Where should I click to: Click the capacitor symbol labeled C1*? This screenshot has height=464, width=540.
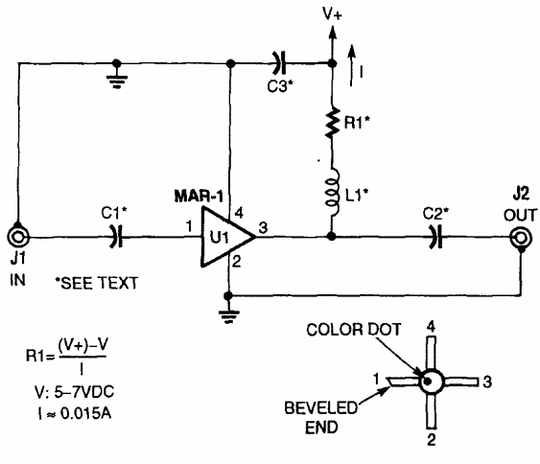pyautogui.click(x=116, y=237)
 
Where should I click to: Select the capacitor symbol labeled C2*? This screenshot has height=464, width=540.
pyautogui.click(x=436, y=237)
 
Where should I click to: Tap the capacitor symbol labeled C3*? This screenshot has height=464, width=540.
pyautogui.click(x=279, y=63)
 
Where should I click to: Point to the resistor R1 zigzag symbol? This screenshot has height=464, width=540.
pyautogui.click(x=332, y=123)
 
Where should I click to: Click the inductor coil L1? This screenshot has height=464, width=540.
pyautogui.click(x=333, y=193)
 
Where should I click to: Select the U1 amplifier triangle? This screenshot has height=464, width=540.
pyautogui.click(x=228, y=237)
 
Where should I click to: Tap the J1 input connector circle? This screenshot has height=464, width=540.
pyautogui.click(x=18, y=237)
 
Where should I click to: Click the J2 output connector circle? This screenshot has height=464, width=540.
pyautogui.click(x=521, y=238)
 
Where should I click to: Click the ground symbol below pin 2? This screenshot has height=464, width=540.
pyautogui.click(x=228, y=316)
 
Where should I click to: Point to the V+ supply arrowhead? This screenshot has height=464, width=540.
pyautogui.click(x=332, y=33)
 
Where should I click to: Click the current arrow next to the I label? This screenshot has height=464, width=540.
pyautogui.click(x=351, y=65)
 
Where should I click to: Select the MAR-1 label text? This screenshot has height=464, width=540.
pyautogui.click(x=199, y=197)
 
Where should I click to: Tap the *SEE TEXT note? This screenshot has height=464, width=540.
pyautogui.click(x=97, y=283)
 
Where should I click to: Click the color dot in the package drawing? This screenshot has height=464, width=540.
pyautogui.click(x=427, y=382)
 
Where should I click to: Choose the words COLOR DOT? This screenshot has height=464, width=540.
pyautogui.click(x=354, y=330)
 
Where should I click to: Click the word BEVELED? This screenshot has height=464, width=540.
pyautogui.click(x=321, y=407)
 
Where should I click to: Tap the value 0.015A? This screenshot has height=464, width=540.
pyautogui.click(x=85, y=413)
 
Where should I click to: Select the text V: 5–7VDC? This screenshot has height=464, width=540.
pyautogui.click(x=74, y=392)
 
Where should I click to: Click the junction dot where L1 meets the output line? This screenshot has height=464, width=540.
pyautogui.click(x=332, y=237)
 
